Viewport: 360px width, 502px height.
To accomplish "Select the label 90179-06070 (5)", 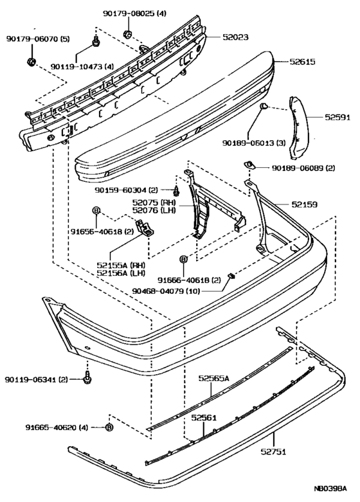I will pos(38,39).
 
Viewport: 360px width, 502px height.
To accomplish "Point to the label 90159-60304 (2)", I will pos(127,190).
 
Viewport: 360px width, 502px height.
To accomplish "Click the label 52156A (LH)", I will pos(120,273).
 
